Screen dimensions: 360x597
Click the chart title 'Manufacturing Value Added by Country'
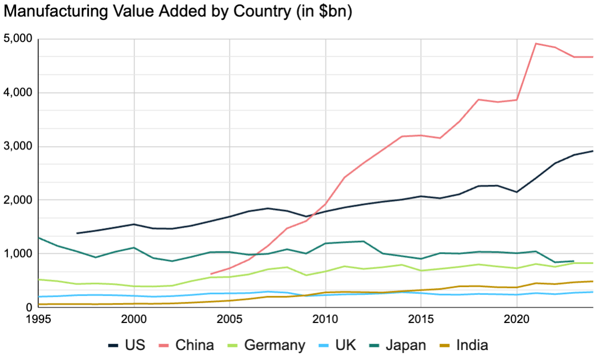coord(177,12)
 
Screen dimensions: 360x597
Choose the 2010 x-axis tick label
coord(325,319)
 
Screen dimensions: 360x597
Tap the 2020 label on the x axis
coord(516,319)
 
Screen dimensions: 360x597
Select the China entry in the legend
coord(186,346)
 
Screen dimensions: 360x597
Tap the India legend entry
coord(463,346)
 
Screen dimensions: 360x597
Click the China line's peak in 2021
coord(536,44)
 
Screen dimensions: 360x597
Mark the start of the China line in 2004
coord(211,273)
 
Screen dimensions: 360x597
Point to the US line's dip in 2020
coord(516,192)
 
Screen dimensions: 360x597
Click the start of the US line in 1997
coord(77,233)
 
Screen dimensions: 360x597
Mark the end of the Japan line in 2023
coord(574,261)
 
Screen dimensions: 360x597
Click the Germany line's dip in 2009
coord(306,275)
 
